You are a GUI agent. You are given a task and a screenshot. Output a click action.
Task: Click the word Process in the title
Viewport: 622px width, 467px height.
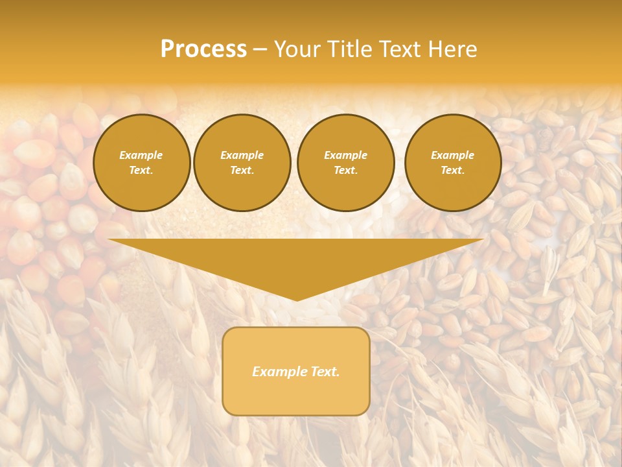pos(203,49)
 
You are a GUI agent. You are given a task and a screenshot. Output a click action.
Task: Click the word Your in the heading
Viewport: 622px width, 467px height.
pos(299,49)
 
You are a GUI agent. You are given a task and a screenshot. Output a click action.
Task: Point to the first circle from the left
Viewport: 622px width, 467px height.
pos(141,162)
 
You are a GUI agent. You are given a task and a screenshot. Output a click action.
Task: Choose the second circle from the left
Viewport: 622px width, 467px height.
pos(242,162)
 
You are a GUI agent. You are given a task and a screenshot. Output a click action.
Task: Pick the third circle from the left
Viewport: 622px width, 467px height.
pos(345,162)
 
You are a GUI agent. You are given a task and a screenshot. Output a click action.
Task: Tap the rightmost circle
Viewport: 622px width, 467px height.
pos(452,162)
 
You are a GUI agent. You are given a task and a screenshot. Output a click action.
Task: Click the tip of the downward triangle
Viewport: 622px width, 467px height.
pos(296,300)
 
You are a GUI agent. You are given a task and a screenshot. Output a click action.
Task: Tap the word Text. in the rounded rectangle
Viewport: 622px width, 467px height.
pos(325,372)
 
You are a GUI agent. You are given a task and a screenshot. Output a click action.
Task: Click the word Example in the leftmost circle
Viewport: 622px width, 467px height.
pos(141,155)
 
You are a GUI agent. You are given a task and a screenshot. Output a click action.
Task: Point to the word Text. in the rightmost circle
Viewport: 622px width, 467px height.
pos(452,170)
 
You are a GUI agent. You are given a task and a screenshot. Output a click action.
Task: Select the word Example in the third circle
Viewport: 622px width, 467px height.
pos(345,155)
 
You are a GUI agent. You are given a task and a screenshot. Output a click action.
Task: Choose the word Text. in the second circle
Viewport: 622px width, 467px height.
pos(242,170)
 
